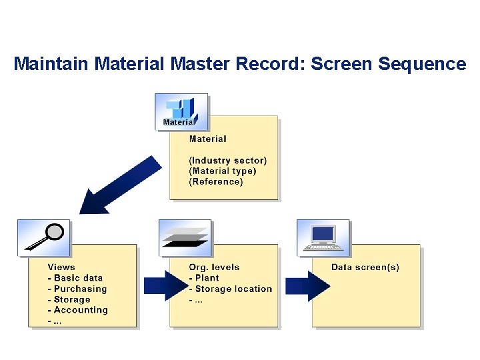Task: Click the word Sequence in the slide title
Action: pos(422,64)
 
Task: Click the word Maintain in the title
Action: pos(52,64)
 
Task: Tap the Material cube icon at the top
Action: pos(181,112)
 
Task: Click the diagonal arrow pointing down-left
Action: pos(120,185)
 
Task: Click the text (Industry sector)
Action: pos(227,160)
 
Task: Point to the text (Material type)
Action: pos(223,171)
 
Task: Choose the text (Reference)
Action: pos(216,181)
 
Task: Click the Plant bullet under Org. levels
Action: pos(204,278)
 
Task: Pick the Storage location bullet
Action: pos(231,289)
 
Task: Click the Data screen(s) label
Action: pos(365,267)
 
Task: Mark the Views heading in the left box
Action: pos(61,267)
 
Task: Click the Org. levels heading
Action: pos(214,267)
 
